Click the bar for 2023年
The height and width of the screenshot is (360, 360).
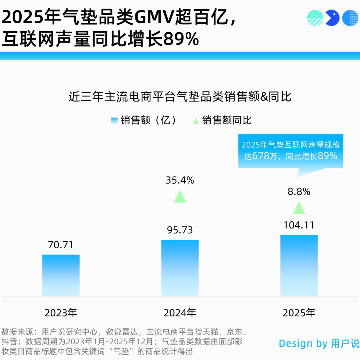(61, 275)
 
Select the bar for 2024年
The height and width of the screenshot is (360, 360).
(180, 268)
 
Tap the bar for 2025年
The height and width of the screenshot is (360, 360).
(299, 266)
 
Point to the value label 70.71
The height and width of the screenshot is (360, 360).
(61, 245)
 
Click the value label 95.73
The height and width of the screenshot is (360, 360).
(180, 230)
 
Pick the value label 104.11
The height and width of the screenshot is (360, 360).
(299, 225)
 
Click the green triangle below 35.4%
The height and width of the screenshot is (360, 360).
(180, 197)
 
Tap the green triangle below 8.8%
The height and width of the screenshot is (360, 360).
(299, 208)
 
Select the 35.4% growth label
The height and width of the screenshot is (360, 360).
(180, 180)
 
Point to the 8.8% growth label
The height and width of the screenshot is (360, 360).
(299, 192)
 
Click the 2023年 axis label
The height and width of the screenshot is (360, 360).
(61, 313)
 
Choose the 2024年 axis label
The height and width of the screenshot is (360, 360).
(180, 313)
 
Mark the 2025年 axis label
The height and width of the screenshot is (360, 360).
(299, 313)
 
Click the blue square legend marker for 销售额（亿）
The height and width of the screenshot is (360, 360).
(115, 120)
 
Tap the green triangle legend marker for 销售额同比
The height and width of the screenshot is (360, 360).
(196, 120)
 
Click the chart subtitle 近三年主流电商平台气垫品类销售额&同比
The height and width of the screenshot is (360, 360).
(180, 97)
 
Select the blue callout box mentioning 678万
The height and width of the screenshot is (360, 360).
(290, 151)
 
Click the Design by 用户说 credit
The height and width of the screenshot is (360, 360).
(319, 343)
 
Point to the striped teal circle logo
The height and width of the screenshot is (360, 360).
(315, 18)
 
